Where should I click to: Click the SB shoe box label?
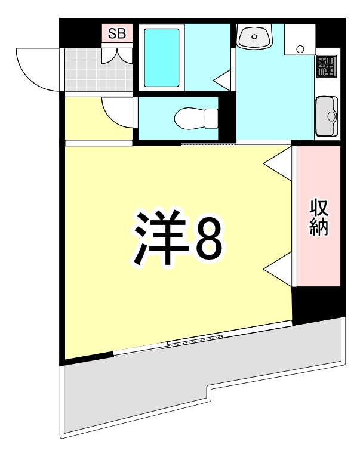click(117, 33)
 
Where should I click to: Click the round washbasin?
click(255, 37)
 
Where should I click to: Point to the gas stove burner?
click(326, 65)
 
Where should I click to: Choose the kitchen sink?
click(327, 115)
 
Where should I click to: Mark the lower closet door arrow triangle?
click(278, 270)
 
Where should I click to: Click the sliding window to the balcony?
click(195, 340)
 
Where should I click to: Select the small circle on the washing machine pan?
click(300, 48)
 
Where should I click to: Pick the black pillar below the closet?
click(317, 303)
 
